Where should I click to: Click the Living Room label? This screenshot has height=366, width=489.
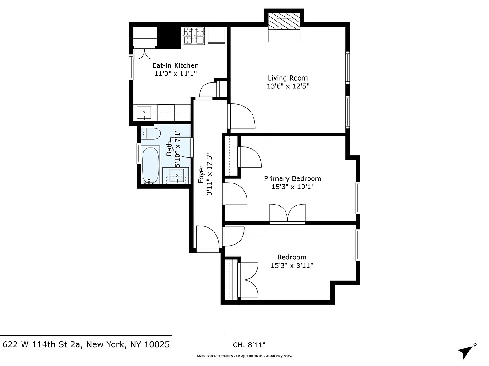tap(287, 78)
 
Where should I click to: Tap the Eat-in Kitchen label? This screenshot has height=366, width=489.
tap(175, 65)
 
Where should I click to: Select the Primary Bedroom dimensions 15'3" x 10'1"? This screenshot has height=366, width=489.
tap(292, 187)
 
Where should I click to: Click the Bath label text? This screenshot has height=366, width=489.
tap(169, 149)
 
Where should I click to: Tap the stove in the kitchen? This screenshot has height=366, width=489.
tap(194, 36)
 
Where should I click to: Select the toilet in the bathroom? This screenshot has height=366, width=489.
tap(152, 134)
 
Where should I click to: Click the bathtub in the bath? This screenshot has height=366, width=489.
tap(150, 165)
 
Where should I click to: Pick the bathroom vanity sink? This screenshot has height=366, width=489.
tap(176, 176)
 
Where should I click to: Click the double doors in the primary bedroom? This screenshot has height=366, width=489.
tap(287, 214)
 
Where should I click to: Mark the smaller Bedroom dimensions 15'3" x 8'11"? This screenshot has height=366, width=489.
tap(292, 265)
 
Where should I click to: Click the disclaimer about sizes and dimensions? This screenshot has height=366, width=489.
tap(244, 356)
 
